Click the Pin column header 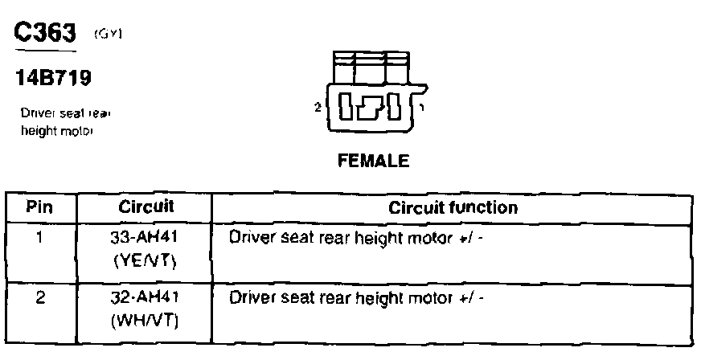click(x=39, y=207)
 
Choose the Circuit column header click(x=146, y=207)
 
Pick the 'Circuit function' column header click(x=453, y=207)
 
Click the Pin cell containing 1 click(x=39, y=238)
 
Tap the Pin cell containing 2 click(x=39, y=297)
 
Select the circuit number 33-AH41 click(x=146, y=238)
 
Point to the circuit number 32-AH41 click(x=146, y=297)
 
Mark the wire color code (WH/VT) click(x=146, y=321)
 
